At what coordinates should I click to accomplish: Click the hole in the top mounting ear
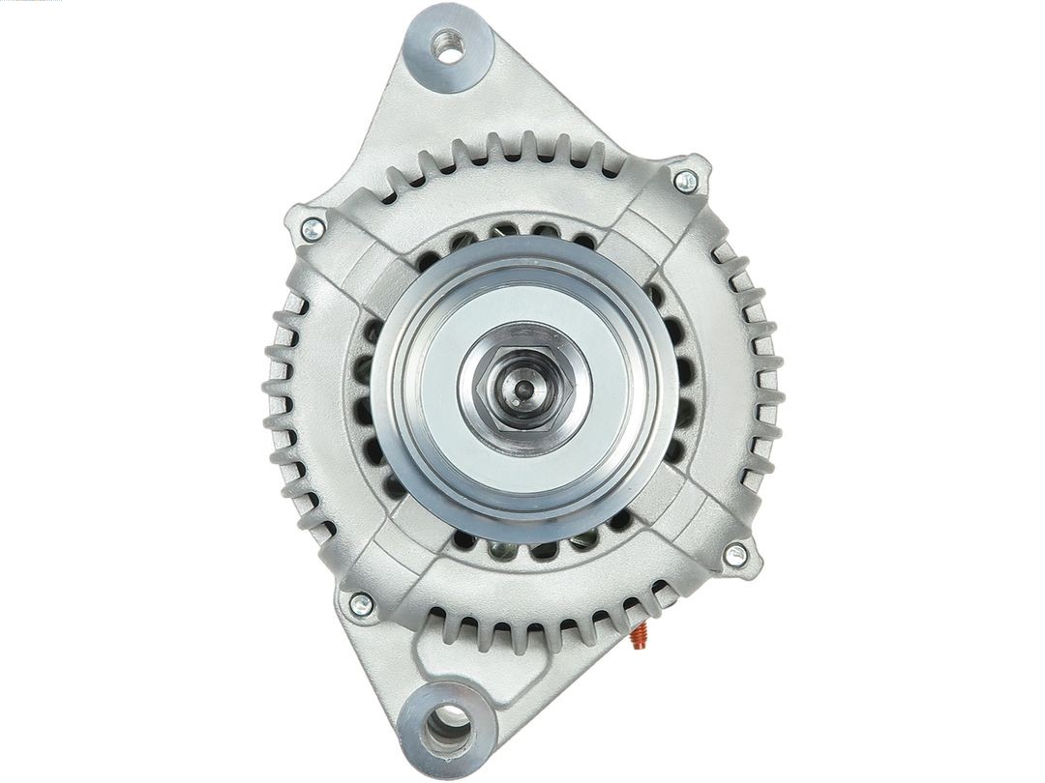coord(447,45)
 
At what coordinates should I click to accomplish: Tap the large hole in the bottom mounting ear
coord(448,722)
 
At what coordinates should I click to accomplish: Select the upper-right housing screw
coord(685,180)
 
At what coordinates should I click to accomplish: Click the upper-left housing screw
coord(313,229)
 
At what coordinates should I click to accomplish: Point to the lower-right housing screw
coord(735,555)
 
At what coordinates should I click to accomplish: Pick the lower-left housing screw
coord(361,604)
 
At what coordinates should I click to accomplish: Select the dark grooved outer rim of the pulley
coord(392,387)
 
